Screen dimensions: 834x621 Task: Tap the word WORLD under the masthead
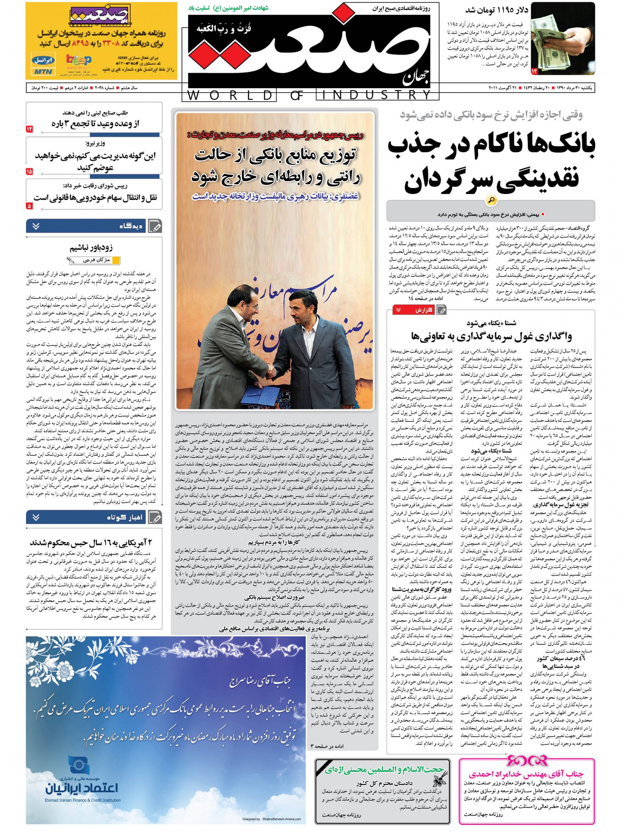coord(229,95)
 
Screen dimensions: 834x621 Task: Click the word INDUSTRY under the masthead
coord(374,95)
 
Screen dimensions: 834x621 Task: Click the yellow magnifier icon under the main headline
coord(491,200)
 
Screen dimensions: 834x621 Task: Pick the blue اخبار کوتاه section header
coord(94,517)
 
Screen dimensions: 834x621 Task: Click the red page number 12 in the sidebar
coord(30,129)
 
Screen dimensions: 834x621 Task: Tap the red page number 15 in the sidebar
coord(30,171)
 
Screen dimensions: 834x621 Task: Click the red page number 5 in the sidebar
coord(30,206)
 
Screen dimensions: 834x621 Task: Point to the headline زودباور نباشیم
coord(91,248)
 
